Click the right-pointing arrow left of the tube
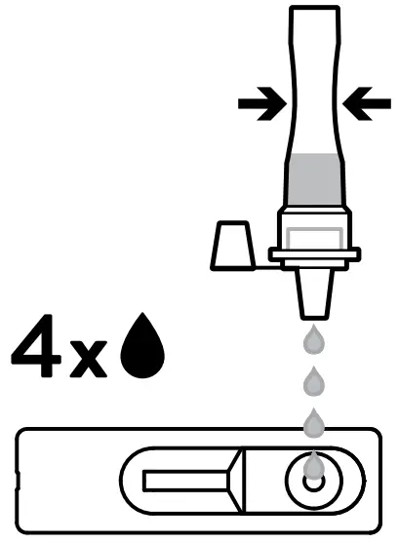pos(260,104)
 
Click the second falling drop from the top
pos(313,379)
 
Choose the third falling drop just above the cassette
pos(313,422)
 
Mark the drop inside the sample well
pos(313,468)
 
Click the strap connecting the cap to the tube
pos(261,259)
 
